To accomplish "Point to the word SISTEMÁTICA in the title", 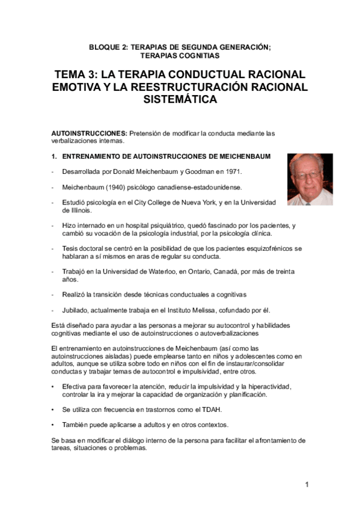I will pyautogui.click(x=180, y=100).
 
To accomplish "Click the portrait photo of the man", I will pyautogui.click(x=310, y=179).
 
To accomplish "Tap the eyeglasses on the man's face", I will pyautogui.click(x=309, y=175).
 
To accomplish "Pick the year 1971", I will pyautogui.click(x=233, y=173).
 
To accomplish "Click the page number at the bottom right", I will pyautogui.click(x=307, y=485).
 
